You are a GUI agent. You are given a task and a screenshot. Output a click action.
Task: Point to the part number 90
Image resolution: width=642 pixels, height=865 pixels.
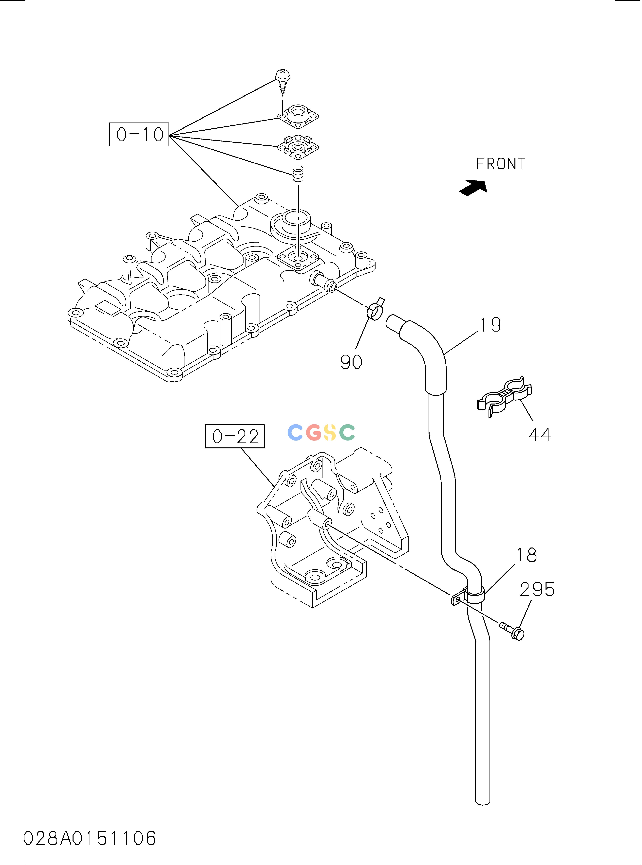pos(351,362)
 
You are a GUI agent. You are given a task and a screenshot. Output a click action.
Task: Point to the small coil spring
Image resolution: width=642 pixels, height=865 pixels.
pos(298,173)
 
